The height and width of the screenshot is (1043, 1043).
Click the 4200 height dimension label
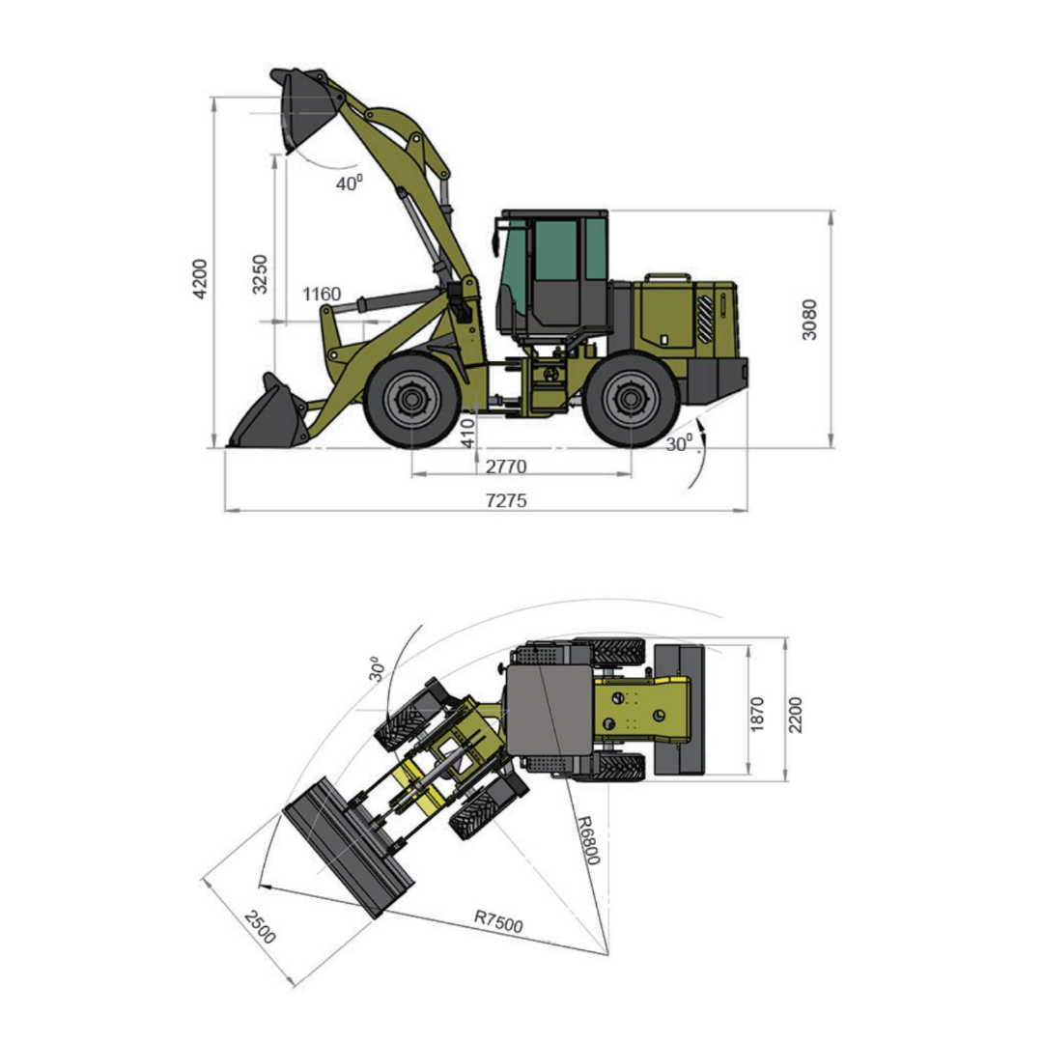tap(200, 279)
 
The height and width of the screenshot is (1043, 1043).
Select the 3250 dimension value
tap(260, 274)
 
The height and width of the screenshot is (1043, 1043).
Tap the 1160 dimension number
tap(322, 294)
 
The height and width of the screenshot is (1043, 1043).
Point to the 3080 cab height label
tap(809, 320)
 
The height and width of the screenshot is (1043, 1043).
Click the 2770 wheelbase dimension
tap(505, 466)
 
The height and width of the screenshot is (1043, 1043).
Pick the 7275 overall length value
tap(506, 500)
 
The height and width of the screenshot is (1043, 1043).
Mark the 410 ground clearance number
tap(468, 433)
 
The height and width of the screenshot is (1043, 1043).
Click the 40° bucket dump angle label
tap(350, 183)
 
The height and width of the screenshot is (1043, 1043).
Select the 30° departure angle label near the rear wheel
tap(679, 443)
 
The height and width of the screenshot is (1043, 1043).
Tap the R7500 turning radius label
tap(498, 921)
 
